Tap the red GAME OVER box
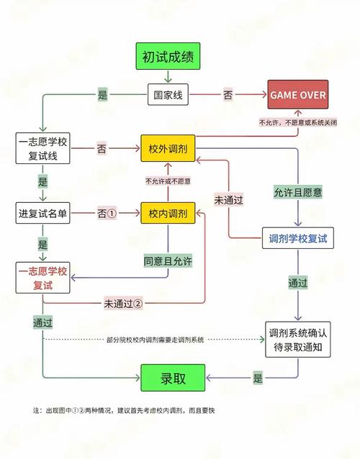297,94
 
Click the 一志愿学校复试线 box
43,148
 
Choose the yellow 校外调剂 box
168,148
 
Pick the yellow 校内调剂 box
168,214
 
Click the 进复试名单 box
43,214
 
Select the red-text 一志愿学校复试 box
43,278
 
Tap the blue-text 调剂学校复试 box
297,237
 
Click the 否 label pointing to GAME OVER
228,94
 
